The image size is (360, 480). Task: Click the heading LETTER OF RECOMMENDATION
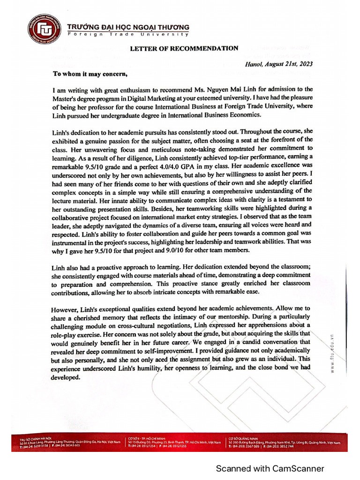point(184,48)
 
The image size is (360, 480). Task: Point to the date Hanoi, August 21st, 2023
point(278,64)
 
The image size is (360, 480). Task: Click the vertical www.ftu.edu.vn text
point(332,353)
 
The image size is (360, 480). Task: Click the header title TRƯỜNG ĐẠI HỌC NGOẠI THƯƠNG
point(128,27)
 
